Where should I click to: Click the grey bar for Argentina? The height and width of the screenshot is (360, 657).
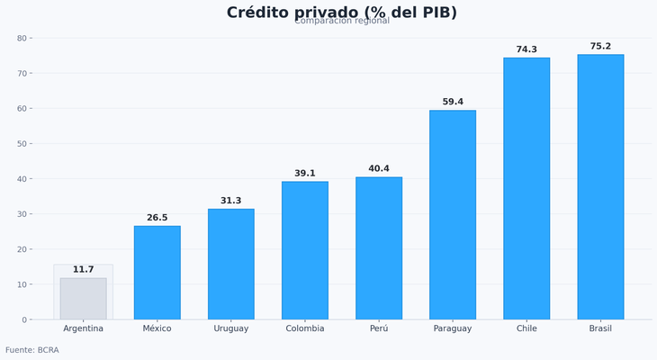click(x=83, y=299)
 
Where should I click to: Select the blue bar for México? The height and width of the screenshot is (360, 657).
click(x=157, y=273)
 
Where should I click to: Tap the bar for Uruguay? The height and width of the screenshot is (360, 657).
click(x=230, y=264)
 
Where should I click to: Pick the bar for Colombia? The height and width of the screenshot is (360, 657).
click(x=304, y=250)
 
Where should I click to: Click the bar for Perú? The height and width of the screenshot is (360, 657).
click(x=379, y=248)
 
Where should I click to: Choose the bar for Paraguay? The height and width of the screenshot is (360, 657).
click(x=453, y=215)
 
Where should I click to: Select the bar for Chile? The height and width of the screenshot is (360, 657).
click(x=526, y=189)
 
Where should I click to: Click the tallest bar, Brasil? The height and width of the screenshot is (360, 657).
click(x=600, y=187)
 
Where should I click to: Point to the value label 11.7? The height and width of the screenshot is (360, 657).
click(x=83, y=270)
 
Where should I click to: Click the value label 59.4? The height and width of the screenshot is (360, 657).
click(x=453, y=102)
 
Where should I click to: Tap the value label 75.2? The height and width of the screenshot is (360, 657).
click(x=600, y=47)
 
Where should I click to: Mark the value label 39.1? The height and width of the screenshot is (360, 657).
click(x=304, y=174)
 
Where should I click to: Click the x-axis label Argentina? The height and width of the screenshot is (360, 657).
click(x=83, y=328)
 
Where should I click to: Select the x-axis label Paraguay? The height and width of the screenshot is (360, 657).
click(x=453, y=328)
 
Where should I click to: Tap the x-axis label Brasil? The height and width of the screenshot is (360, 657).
click(x=600, y=328)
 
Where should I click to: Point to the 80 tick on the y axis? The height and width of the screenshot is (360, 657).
click(x=22, y=38)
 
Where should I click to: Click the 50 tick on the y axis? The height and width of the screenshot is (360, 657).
click(x=22, y=144)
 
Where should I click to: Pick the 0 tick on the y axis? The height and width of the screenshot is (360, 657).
click(x=24, y=319)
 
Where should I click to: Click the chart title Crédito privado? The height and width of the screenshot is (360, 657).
click(x=341, y=12)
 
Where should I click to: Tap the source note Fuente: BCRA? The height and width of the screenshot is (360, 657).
click(x=32, y=350)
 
